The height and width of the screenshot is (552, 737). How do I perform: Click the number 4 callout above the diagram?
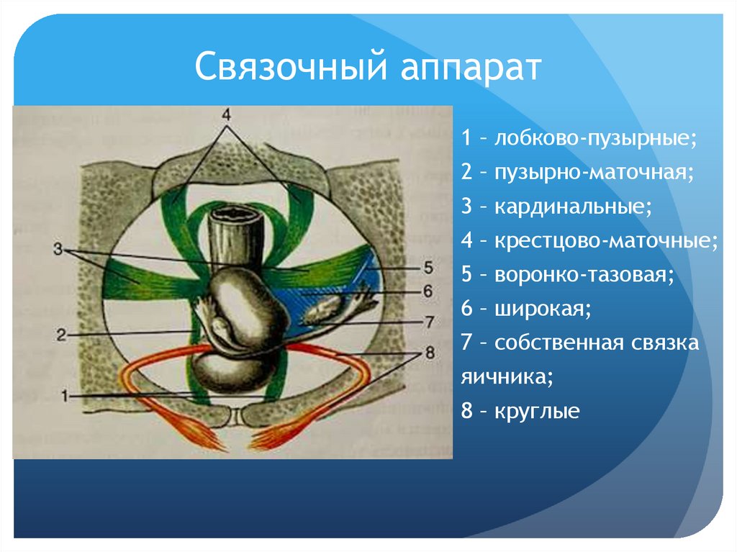225,115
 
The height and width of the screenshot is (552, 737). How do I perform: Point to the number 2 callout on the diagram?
61,335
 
